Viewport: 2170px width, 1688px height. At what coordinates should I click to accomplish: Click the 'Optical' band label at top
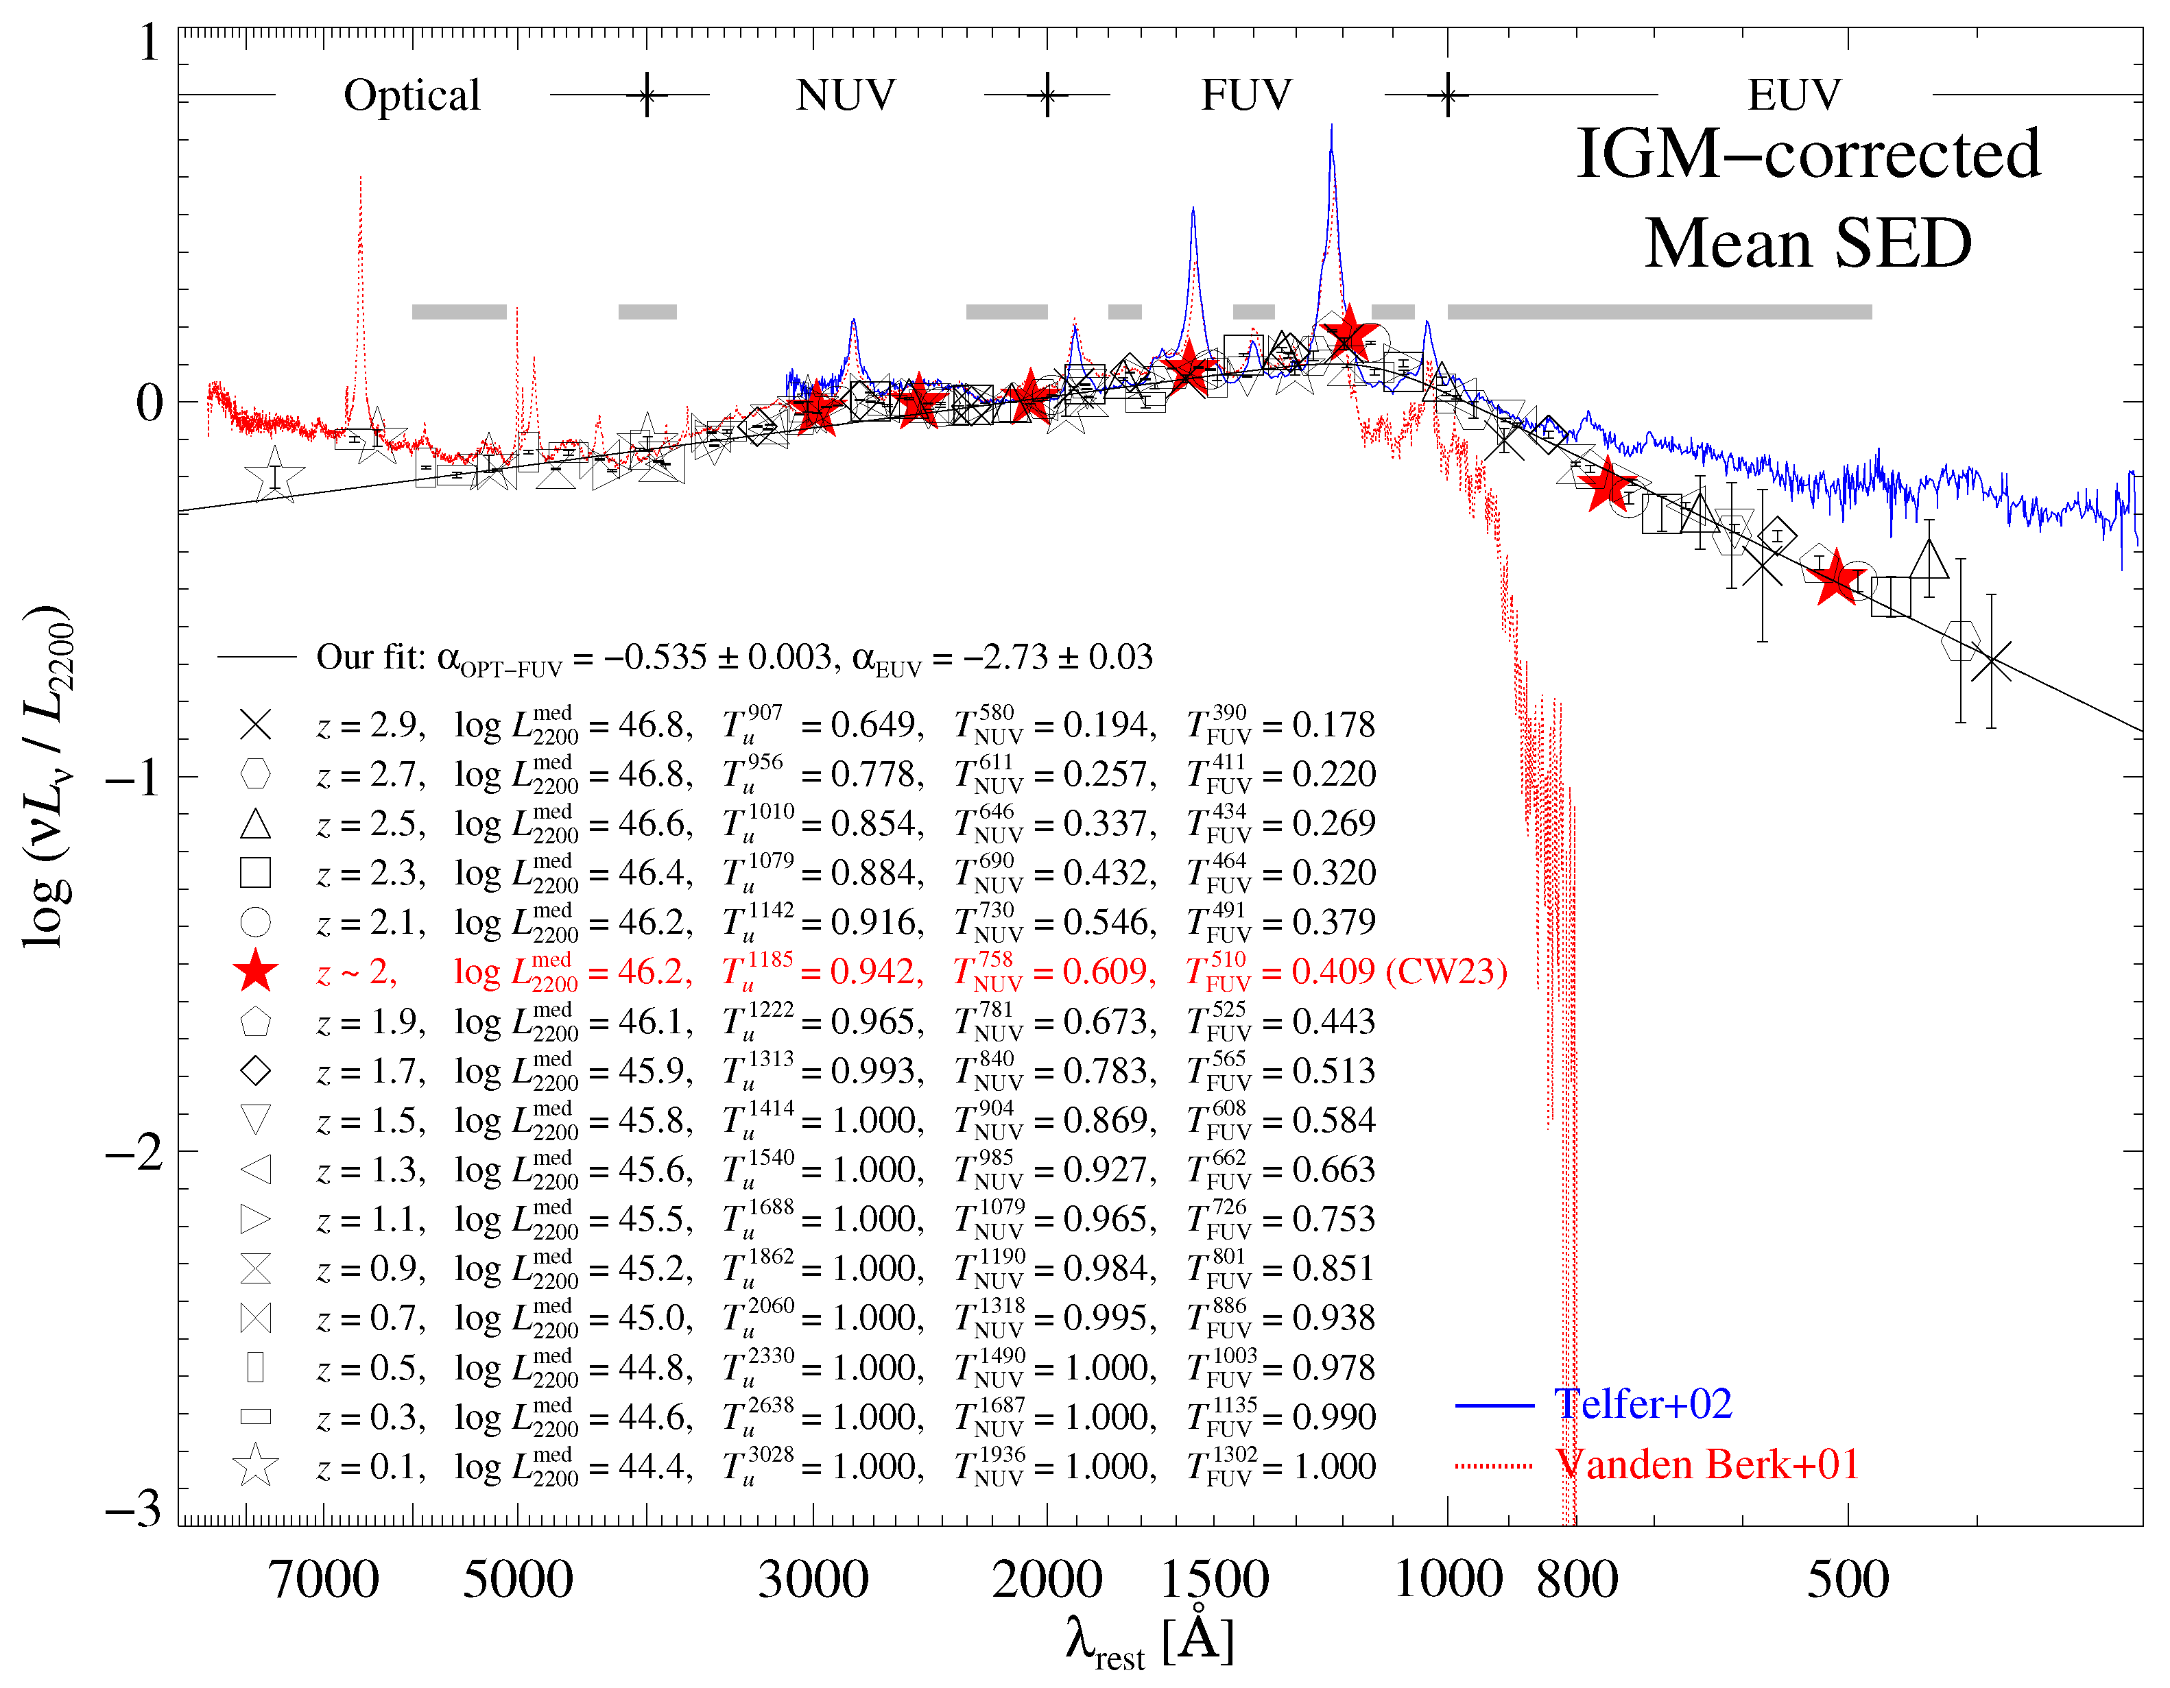coord(412,95)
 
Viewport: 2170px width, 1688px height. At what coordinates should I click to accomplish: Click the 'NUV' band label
coord(846,95)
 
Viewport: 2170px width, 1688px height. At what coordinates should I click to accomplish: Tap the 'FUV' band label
coord(1246,95)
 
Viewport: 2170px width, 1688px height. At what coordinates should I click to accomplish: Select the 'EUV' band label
coord(1793,95)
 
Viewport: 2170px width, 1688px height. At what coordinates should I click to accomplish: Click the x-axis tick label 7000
coord(324,1580)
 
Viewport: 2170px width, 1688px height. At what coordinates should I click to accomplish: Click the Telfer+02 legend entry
coord(1643,1404)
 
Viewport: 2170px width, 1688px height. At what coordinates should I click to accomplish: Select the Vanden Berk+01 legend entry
coord(1706,1464)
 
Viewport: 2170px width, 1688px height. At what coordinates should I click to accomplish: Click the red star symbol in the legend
coord(255,972)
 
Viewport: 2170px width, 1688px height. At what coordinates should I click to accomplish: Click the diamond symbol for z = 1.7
coord(255,1071)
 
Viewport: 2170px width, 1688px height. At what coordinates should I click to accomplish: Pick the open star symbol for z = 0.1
coord(255,1465)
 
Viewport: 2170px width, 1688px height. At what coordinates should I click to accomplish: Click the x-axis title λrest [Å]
coord(1149,1642)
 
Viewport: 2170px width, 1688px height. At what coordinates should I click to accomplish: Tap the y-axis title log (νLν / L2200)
coord(48,775)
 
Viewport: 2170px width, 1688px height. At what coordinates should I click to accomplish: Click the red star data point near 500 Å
coord(1834,578)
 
